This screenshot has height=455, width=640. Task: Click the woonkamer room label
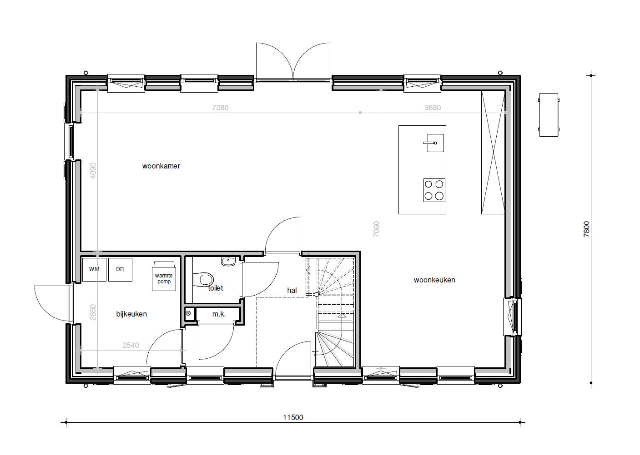(161, 166)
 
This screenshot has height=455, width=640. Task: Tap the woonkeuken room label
(434, 280)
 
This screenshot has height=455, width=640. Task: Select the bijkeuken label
(131, 314)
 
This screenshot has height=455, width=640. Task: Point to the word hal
(292, 291)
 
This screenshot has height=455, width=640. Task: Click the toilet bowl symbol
(203, 279)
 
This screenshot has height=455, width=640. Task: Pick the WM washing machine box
(94, 270)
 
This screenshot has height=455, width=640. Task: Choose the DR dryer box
(120, 270)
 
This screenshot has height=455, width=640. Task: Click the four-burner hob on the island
(434, 190)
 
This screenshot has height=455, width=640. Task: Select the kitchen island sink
(434, 143)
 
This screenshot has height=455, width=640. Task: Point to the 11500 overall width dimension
(293, 418)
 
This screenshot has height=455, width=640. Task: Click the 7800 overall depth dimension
(586, 229)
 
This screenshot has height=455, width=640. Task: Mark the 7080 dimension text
(220, 108)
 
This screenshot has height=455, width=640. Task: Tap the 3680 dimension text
(433, 108)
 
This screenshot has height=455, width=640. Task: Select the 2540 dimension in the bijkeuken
(131, 346)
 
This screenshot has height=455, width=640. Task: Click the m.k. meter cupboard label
(219, 314)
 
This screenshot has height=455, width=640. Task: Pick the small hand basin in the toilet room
(228, 261)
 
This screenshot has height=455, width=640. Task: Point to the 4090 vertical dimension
(93, 171)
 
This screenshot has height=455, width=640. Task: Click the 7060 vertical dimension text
(376, 229)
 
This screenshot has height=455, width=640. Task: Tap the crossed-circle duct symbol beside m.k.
(188, 313)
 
